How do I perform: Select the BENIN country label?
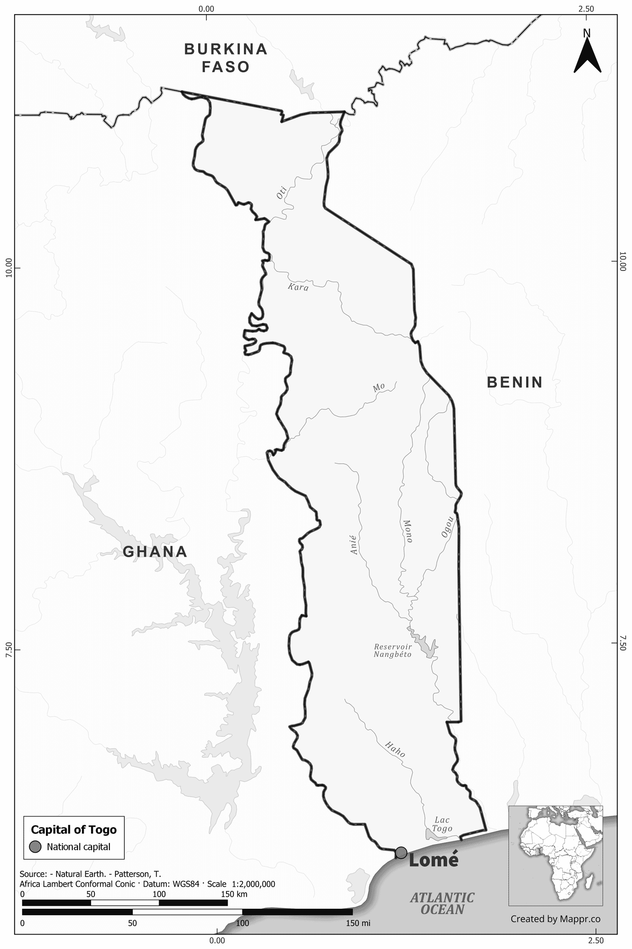[515, 382]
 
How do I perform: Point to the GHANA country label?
[155, 551]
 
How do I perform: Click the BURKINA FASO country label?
[226, 58]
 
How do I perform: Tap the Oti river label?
[281, 192]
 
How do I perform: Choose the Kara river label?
[298, 287]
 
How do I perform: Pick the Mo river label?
[379, 387]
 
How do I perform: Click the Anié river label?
[354, 544]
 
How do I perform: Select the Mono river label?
[407, 531]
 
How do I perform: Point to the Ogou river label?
[447, 527]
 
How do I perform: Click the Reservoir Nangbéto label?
[393, 651]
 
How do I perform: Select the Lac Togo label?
[442, 825]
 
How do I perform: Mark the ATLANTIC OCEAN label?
[442, 903]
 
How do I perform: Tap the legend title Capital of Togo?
[74, 830]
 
